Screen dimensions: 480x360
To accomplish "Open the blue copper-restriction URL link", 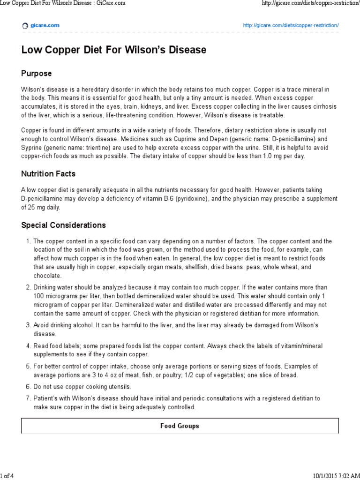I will pyautogui.click(x=291, y=25).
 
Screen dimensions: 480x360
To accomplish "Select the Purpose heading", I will pyautogui.click(x=37, y=74).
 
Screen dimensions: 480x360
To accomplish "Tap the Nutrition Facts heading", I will pyautogui.click(x=48, y=174).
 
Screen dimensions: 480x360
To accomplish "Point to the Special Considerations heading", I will pyautogui.click(x=64, y=225).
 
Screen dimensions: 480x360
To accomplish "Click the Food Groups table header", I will pyautogui.click(x=180, y=426).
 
